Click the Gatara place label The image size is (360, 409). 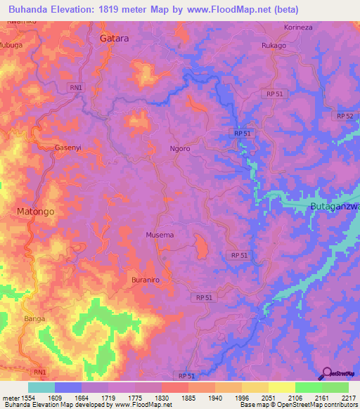pyautogui.click(x=114, y=39)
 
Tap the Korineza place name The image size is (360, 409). pyautogui.click(x=297, y=26)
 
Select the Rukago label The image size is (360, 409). pyautogui.click(x=274, y=46)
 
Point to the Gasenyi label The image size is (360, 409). pyautogui.click(x=70, y=148)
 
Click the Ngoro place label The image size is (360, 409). pyautogui.click(x=180, y=149)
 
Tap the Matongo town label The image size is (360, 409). pyautogui.click(x=35, y=211)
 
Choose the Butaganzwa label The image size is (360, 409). pyautogui.click(x=335, y=206)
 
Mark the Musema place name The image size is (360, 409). pyautogui.click(x=160, y=235)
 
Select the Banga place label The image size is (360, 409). pyautogui.click(x=34, y=318)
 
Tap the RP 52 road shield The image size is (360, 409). pyautogui.click(x=345, y=116)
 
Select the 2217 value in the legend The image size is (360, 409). pyautogui.click(x=349, y=398)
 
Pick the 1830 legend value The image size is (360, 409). pyautogui.click(x=161, y=398)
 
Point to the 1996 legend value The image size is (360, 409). pyautogui.click(x=242, y=398)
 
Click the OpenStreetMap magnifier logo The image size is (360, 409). pyautogui.click(x=326, y=375)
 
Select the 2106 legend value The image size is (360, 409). pyautogui.click(x=295, y=398)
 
